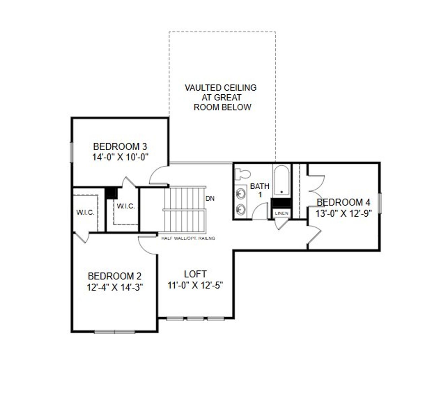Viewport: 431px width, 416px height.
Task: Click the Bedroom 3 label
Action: [x=120, y=147]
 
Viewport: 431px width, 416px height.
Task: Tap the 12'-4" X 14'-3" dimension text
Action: [x=115, y=287]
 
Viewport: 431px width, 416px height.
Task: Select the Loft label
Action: [x=195, y=274]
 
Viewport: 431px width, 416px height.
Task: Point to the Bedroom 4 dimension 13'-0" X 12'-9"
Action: [x=343, y=214]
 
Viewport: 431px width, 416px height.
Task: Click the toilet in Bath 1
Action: [x=242, y=173]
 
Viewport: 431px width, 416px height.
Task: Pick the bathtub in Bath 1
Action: [x=281, y=180]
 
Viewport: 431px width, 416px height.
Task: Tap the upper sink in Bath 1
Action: [x=241, y=194]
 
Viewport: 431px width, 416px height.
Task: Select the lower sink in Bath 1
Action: [x=241, y=209]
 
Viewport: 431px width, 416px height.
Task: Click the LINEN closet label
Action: [x=281, y=213]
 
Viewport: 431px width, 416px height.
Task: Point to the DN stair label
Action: [x=210, y=198]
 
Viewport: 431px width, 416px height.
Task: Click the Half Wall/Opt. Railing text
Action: [x=188, y=238]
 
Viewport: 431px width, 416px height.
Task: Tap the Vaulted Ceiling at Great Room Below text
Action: [x=221, y=97]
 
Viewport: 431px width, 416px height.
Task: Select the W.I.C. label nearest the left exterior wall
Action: [x=85, y=213]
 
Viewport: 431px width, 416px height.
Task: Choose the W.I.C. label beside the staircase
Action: [x=126, y=206]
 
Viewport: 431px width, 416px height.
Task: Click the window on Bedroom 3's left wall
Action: [x=71, y=152]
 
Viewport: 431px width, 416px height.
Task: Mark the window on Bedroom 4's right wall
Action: [x=379, y=203]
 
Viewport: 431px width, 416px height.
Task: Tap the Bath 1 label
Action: [x=260, y=190]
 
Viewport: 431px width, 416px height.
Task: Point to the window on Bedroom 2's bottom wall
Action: [x=114, y=332]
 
